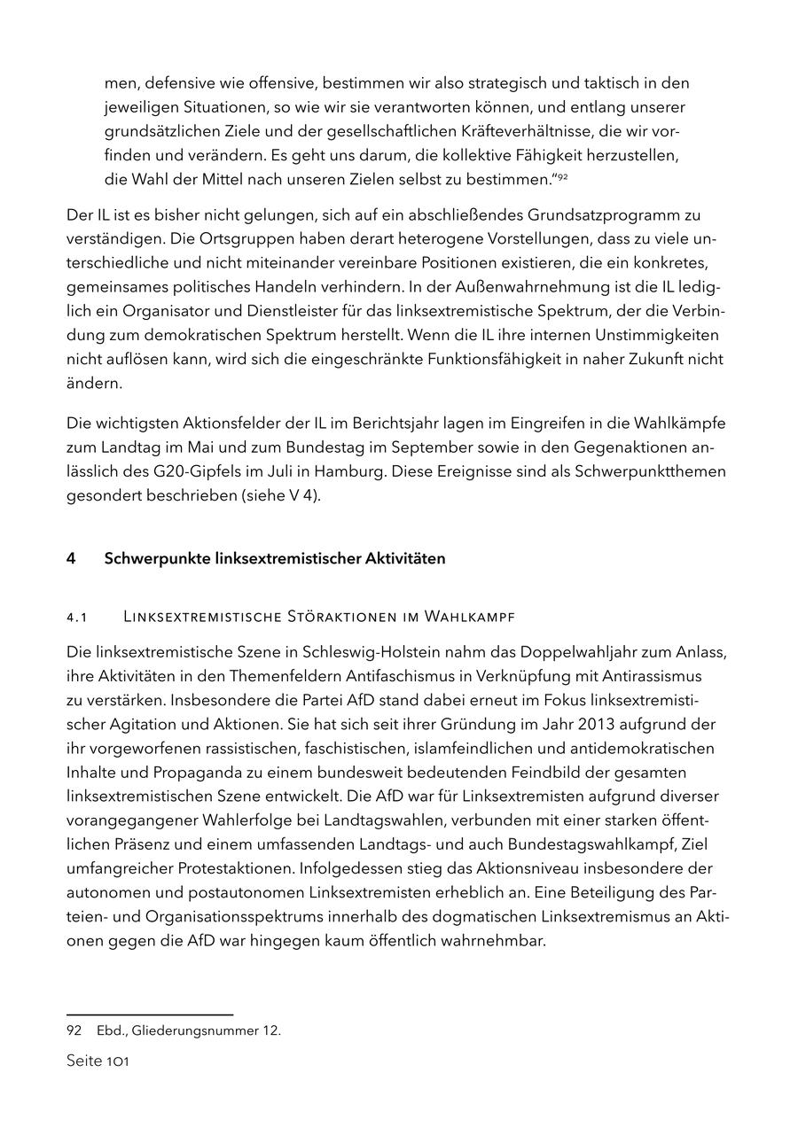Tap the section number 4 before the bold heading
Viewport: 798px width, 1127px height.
(x=71, y=558)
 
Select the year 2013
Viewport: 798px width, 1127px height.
(x=584, y=724)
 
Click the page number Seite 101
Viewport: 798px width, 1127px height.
(x=98, y=1061)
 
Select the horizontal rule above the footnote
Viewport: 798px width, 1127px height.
(x=150, y=1014)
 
